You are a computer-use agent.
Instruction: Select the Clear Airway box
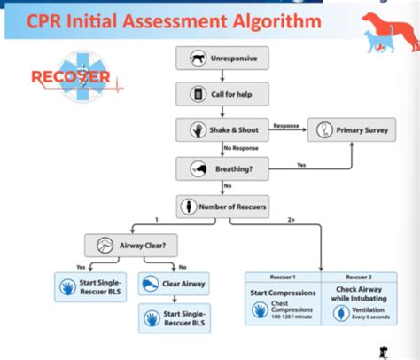175,284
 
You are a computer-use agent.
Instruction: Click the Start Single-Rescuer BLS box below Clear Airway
175,317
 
